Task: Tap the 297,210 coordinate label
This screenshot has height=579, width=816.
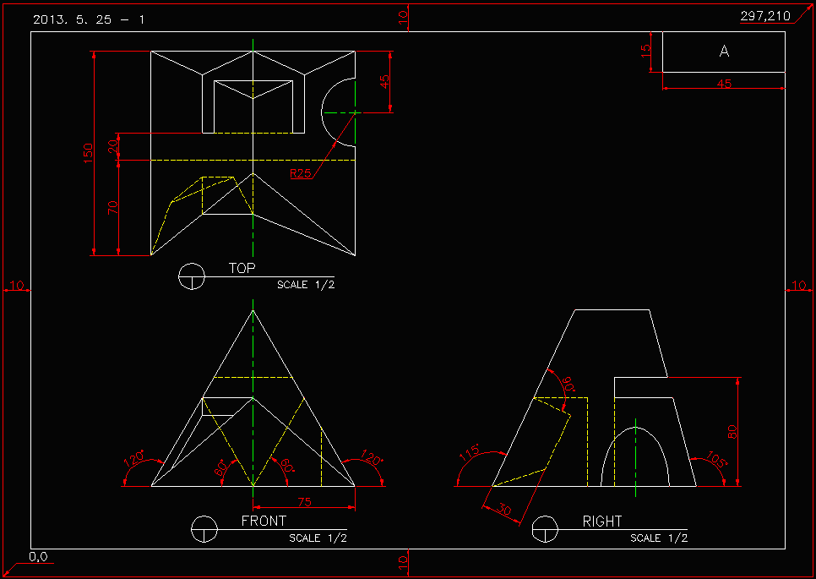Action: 765,16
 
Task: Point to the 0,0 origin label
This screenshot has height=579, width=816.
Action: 38,557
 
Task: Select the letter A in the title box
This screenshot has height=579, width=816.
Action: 724,52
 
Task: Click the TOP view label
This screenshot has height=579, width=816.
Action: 242,268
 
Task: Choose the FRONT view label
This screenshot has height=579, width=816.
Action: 264,521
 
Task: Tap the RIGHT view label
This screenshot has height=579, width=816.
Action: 601,522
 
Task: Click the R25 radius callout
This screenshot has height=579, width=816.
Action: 300,173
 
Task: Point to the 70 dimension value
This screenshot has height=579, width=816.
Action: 113,207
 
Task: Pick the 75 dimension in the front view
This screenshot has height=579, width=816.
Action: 304,502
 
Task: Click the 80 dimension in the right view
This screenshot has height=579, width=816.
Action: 732,431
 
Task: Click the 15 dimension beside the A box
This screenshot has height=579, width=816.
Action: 646,52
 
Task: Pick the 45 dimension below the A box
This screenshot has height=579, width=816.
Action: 724,84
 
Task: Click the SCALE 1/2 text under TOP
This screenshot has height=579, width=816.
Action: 306,285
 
